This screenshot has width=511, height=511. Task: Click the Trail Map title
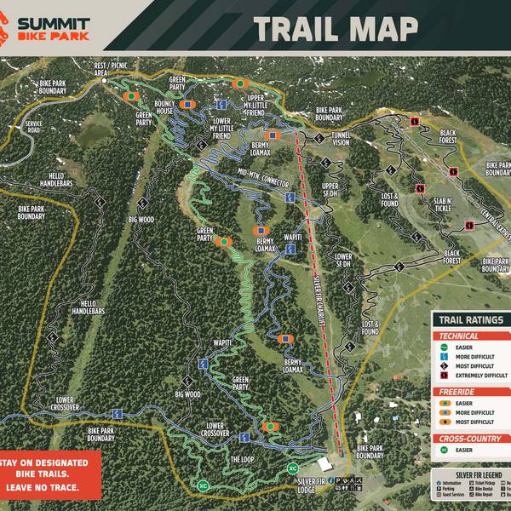[x=336, y=27]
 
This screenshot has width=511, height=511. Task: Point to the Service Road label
[x=33, y=127]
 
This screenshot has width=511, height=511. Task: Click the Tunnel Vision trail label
[x=340, y=139]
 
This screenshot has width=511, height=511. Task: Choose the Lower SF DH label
[x=343, y=260]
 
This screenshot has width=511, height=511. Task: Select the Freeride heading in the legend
[x=458, y=391]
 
